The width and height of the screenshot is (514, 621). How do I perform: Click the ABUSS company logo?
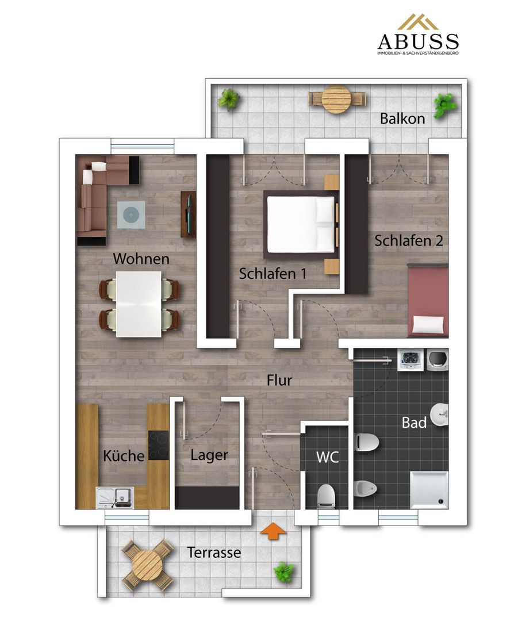[418, 35]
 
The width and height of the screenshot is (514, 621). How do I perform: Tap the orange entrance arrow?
[273, 530]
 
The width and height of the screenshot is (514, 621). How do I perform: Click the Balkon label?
[402, 118]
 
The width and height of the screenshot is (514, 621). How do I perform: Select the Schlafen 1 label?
[273, 274]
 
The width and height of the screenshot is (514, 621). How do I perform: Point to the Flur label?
[279, 380]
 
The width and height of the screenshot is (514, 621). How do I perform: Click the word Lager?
[209, 455]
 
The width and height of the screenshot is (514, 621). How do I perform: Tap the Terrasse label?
[214, 552]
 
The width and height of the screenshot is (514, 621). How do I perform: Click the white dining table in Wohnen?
[139, 304]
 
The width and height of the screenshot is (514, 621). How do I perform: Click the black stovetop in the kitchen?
[159, 445]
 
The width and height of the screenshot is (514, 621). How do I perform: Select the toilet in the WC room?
[327, 495]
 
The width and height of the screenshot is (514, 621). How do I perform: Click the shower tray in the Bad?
[429, 489]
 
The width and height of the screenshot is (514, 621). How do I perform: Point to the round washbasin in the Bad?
[440, 415]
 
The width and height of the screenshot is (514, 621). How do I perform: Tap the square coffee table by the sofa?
[131, 215]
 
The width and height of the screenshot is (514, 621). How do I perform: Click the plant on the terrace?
[283, 572]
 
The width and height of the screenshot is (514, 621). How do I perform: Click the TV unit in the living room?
[189, 214]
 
